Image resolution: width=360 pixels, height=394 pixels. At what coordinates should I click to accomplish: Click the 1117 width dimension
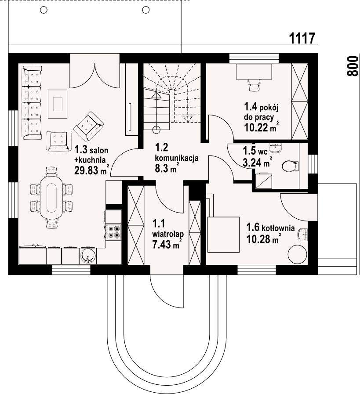point(302,39)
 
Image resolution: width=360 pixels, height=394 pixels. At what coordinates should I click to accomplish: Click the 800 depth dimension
point(352,66)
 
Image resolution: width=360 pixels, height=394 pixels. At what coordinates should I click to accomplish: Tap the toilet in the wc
point(290,166)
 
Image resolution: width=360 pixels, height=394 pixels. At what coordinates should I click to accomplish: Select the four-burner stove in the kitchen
point(114,232)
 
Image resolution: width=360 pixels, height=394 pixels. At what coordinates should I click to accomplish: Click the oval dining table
point(51,198)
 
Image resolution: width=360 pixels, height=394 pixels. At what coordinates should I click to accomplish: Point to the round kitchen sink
point(88,256)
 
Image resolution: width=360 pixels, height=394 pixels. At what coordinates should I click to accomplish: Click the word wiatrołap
point(168,234)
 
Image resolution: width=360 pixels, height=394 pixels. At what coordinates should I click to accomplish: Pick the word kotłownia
point(278,228)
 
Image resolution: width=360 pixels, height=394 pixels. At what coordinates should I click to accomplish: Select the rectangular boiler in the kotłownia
point(223,235)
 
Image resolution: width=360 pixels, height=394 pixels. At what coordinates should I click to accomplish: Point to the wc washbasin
point(276,148)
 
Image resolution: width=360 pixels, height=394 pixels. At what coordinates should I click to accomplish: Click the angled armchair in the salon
point(88,126)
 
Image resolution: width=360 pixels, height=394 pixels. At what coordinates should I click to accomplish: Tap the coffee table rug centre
point(58,104)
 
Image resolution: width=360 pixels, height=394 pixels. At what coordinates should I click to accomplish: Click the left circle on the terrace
point(44,10)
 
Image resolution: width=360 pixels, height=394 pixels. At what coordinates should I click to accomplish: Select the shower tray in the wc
point(263,181)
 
